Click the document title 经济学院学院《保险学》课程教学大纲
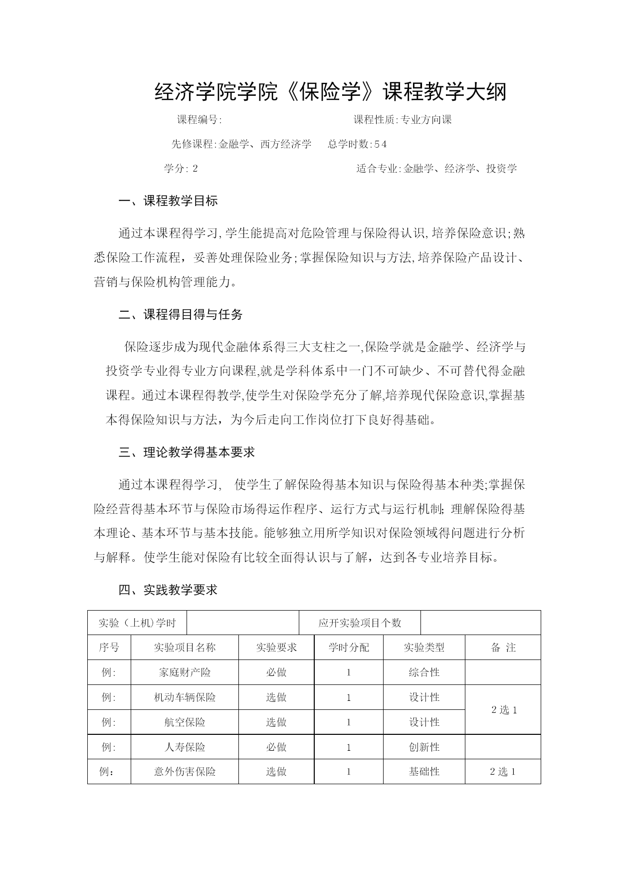pos(330,92)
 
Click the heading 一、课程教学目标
pos(168,201)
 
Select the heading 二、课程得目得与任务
pos(181,314)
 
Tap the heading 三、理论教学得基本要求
pos(187,452)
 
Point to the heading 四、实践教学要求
pos(168,590)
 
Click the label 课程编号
pos(199,120)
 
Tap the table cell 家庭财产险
pos(185,672)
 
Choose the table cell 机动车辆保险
pos(185,697)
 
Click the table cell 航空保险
pos(185,722)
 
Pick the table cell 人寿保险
pos(185,747)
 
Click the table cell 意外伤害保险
pos(185,771)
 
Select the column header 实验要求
pos(276,647)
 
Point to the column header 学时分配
pos(349,647)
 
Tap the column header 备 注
pos(503,647)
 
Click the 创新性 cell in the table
pos(424,747)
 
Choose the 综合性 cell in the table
pos(424,672)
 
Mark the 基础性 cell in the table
pos(424,771)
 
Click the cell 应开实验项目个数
pos(360,623)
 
